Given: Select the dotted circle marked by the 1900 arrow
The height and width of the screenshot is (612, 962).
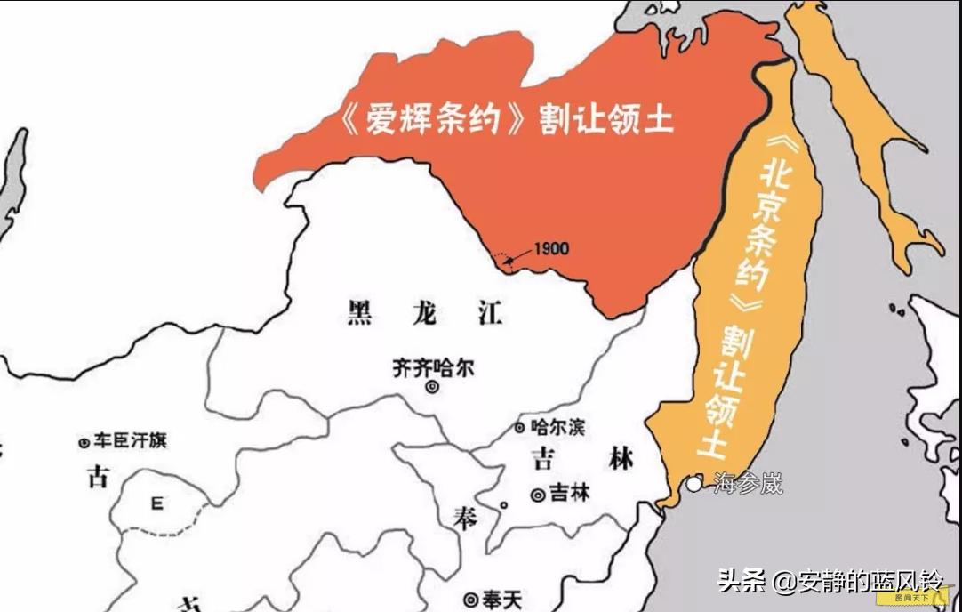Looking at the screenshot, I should (504, 261).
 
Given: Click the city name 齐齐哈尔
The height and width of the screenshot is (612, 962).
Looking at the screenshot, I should (434, 368).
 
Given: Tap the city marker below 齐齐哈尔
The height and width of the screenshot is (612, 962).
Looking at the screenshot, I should (432, 388).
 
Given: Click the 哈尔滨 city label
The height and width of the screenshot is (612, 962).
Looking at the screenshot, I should (558, 427).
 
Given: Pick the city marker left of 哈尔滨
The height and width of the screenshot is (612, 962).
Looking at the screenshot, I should (520, 428).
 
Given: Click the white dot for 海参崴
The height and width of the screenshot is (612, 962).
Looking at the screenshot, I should (694, 485).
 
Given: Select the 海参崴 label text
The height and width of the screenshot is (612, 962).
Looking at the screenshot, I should (749, 484).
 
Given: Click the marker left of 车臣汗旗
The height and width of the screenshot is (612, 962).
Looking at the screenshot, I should (84, 441).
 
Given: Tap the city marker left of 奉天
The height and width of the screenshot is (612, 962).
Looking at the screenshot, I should (471, 600).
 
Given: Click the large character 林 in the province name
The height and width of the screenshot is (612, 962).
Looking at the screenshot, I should (621, 459).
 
